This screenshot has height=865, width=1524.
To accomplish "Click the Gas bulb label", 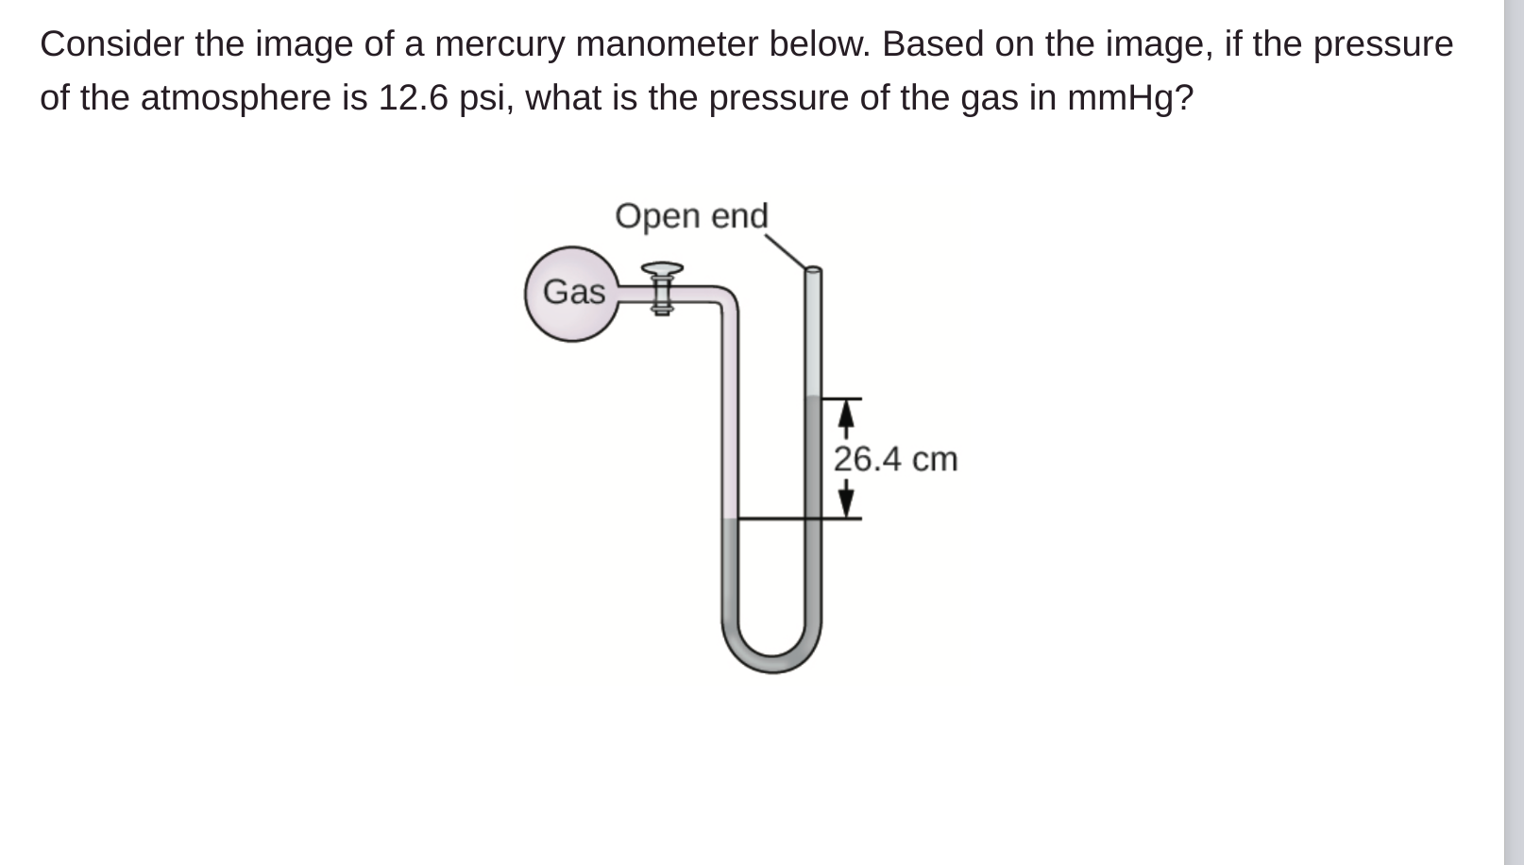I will pyautogui.click(x=573, y=292).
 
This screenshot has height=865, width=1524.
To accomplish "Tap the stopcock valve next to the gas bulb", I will pyautogui.click(x=662, y=288).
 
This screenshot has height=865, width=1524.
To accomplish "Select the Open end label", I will pyautogui.click(x=691, y=215).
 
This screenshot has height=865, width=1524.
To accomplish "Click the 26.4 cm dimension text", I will pyautogui.click(x=895, y=459).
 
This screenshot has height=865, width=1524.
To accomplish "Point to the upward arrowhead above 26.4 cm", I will pyautogui.click(x=847, y=412).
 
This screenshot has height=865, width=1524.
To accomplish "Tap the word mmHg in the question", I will pyautogui.click(x=1124, y=97).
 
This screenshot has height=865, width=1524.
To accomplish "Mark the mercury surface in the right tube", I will pyautogui.click(x=813, y=399).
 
